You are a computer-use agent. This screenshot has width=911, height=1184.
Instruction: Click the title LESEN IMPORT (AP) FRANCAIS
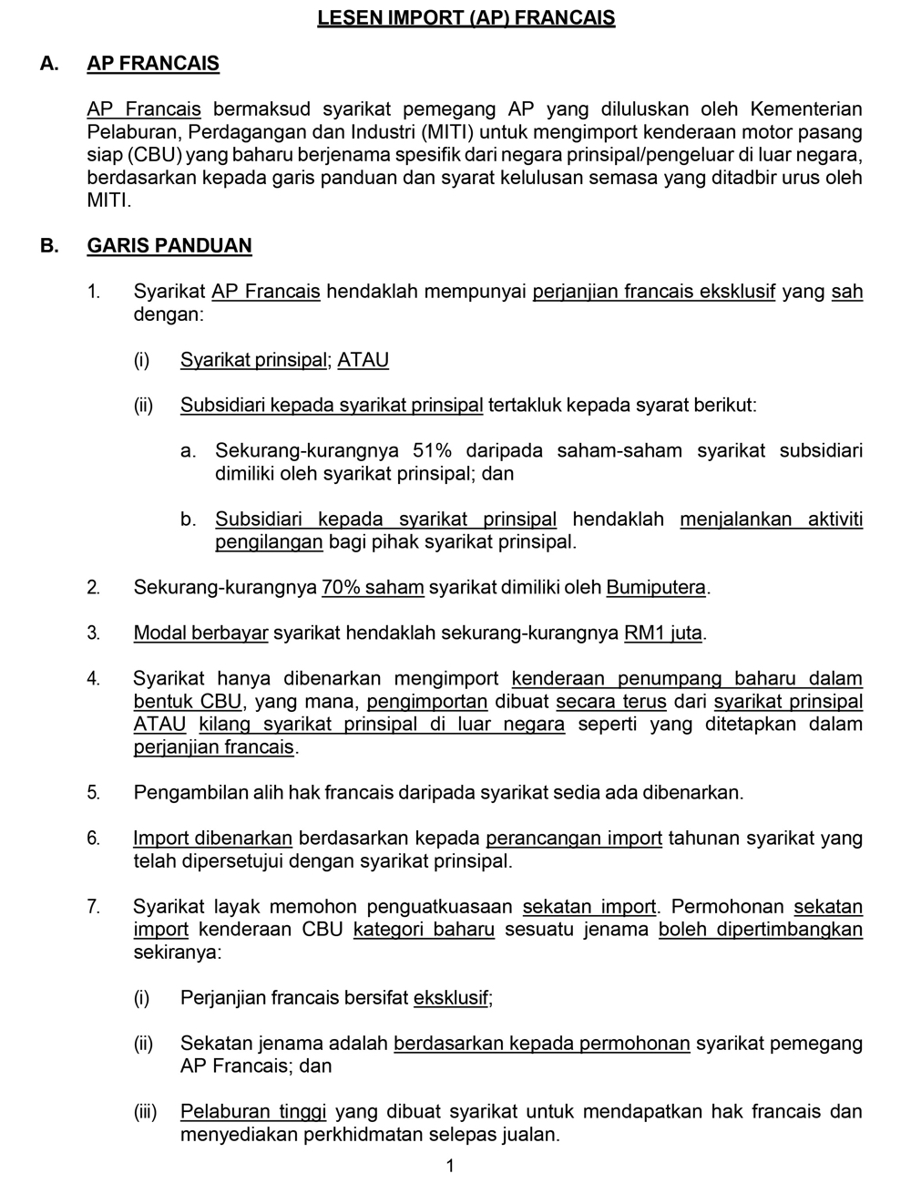(x=466, y=18)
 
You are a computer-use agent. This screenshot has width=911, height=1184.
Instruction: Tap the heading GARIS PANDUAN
(x=169, y=246)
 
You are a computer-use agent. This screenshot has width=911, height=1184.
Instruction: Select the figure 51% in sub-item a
(x=433, y=451)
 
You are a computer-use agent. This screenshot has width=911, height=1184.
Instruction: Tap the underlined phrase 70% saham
(x=373, y=588)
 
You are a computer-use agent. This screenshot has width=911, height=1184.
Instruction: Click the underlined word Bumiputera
(x=656, y=588)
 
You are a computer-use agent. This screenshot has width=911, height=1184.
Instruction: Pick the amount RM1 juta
(x=663, y=633)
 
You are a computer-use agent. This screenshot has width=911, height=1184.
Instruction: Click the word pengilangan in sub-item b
(x=269, y=542)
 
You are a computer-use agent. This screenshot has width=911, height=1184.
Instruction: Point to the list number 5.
(x=94, y=793)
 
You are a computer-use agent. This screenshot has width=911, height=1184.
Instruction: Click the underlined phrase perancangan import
(x=574, y=839)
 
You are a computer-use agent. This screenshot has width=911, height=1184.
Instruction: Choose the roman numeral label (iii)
(x=145, y=1112)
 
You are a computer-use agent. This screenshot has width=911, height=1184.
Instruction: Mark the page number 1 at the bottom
(x=450, y=1166)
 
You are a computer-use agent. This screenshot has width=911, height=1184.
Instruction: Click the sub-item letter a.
(x=188, y=451)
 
